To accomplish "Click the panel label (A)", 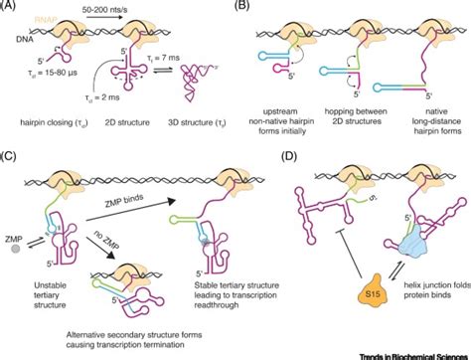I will click(10, 6).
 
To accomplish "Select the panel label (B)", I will click(245, 6).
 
